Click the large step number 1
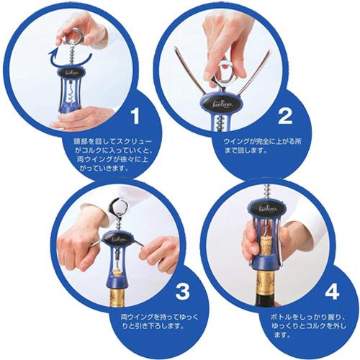(x=135, y=116)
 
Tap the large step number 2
(x=285, y=116)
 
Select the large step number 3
(x=182, y=292)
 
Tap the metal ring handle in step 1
(x=75, y=36)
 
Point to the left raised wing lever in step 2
(x=189, y=70)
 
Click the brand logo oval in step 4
(x=268, y=210)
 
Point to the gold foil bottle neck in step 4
(x=266, y=284)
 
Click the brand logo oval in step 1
(x=71, y=71)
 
